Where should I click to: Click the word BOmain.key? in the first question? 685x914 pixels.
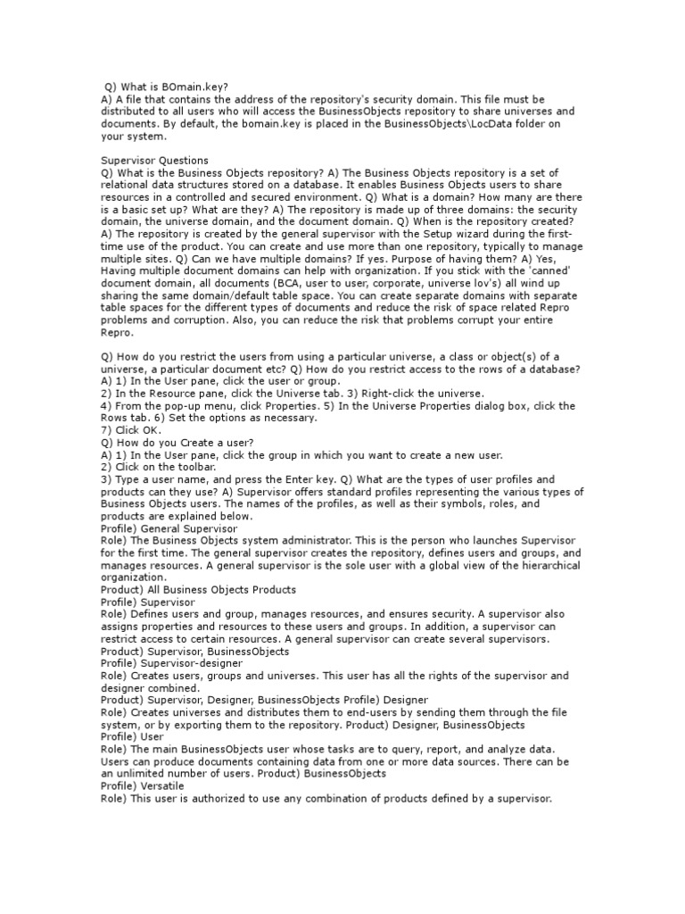coord(196,87)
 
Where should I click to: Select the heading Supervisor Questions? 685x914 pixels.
coord(154,161)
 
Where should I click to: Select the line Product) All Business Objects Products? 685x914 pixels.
coord(198,589)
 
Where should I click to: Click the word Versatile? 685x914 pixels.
coord(161,785)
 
